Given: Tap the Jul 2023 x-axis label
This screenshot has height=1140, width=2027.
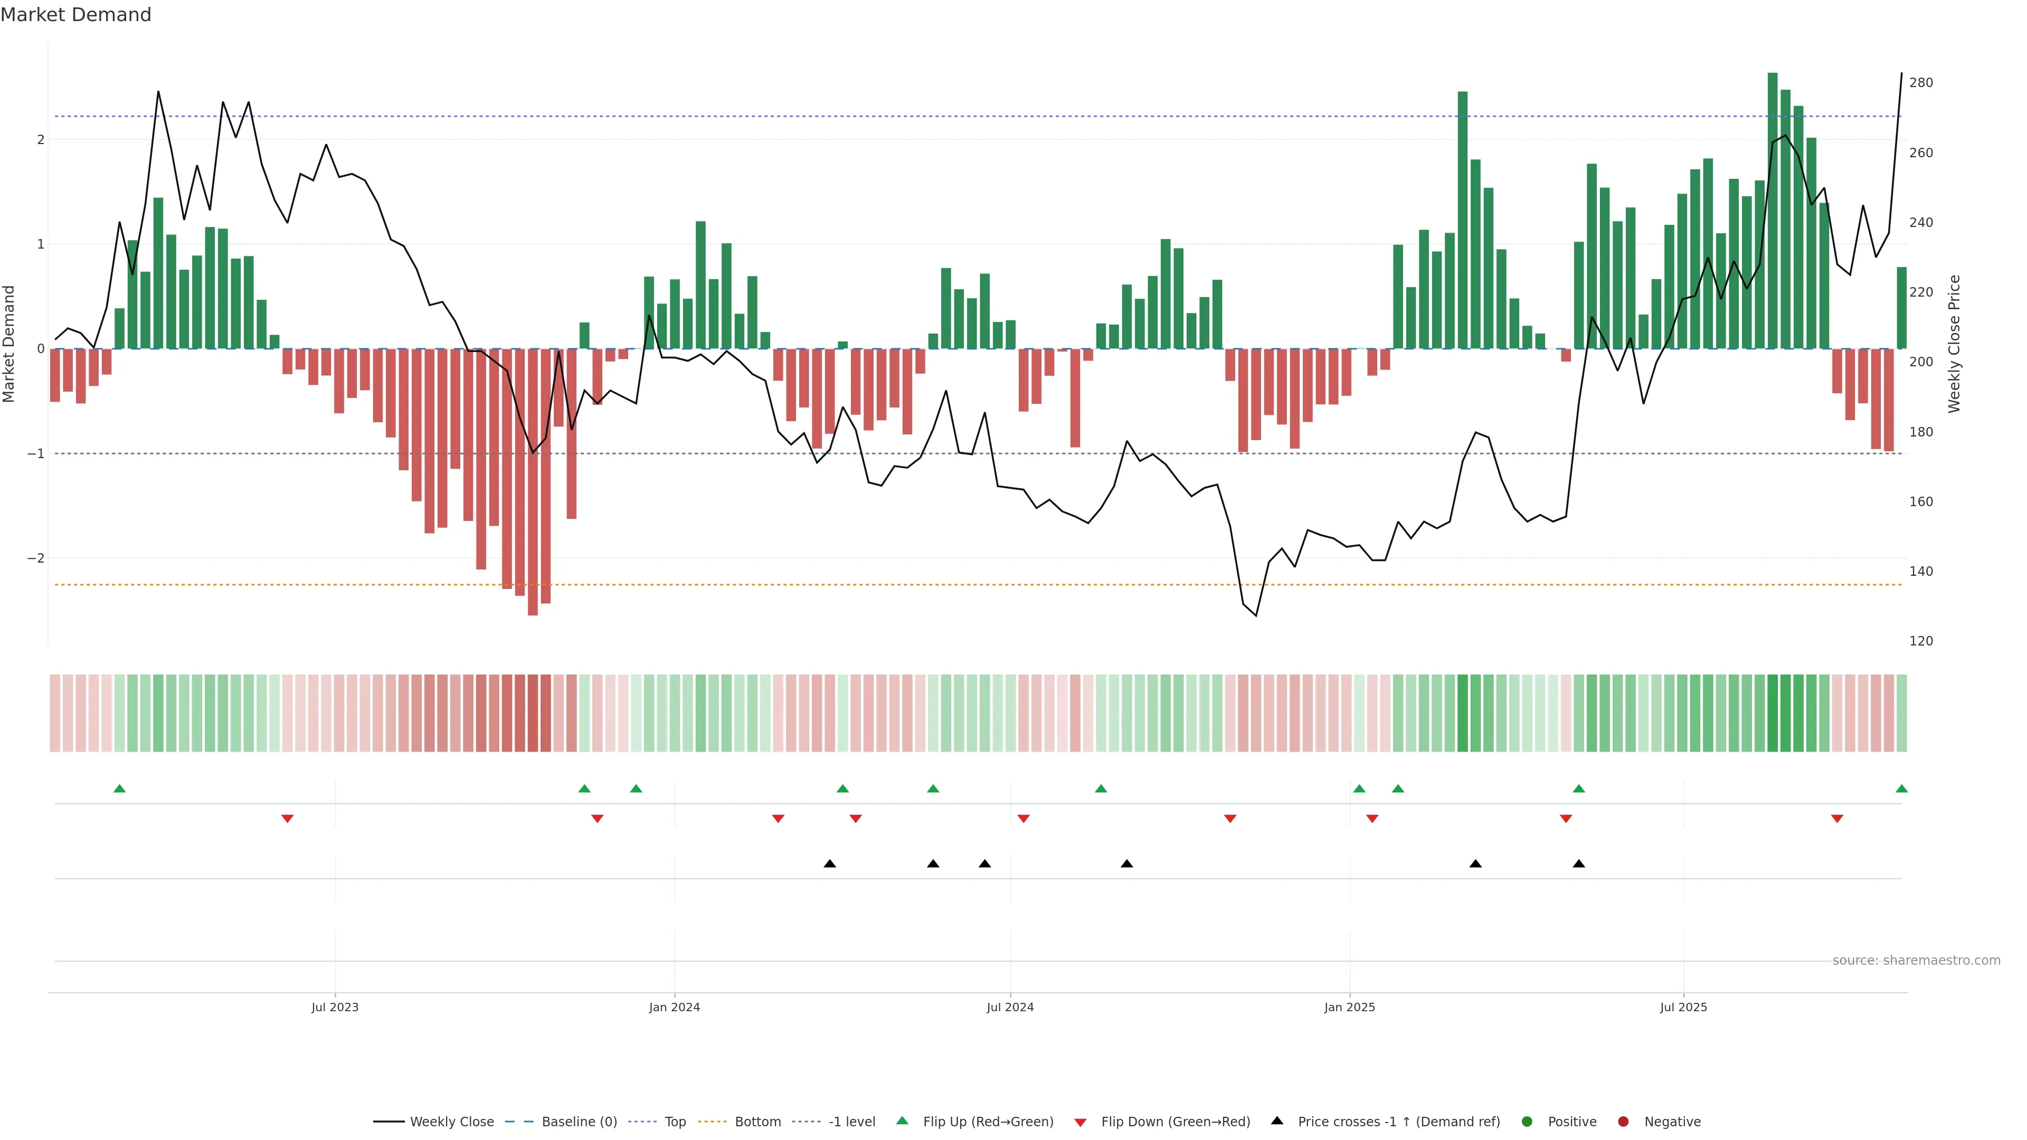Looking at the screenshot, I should pos(335,1007).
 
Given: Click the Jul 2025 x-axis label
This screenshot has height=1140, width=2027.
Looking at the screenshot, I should pos(1683,1007).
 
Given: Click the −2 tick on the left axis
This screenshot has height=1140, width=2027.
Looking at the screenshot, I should pos(36,558).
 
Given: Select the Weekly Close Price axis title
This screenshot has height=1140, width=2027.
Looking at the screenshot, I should pos(1955,344).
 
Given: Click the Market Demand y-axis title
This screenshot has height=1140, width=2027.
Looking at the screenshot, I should pos(10,344).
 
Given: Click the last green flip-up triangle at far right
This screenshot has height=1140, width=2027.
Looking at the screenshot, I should pos(1901,788).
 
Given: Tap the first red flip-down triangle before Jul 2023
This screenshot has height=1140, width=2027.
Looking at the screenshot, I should pos(287,819).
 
